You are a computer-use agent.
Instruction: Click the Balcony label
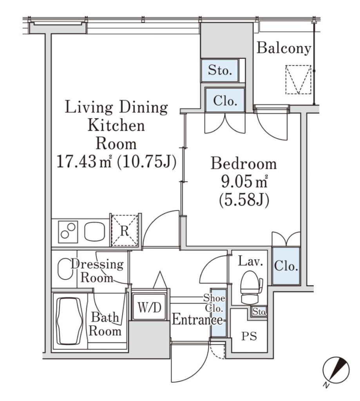pos(284,48)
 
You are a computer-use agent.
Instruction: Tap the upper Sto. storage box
pos(220,70)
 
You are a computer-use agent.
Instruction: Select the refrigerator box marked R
pos(125,231)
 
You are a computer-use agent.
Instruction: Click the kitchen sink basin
pos(95,231)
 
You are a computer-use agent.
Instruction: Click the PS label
pos(249,336)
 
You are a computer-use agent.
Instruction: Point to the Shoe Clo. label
pos(214,303)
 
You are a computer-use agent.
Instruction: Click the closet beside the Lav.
pos(286,266)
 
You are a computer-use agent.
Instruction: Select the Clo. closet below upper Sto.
pos(225,100)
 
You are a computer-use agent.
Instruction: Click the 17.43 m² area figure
pos(84,162)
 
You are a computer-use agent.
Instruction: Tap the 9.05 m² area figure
pos(244,182)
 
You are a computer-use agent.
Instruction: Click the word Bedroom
pos(244,164)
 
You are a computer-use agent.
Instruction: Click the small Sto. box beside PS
pos(259,311)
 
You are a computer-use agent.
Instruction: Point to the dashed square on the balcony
pos(298,79)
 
